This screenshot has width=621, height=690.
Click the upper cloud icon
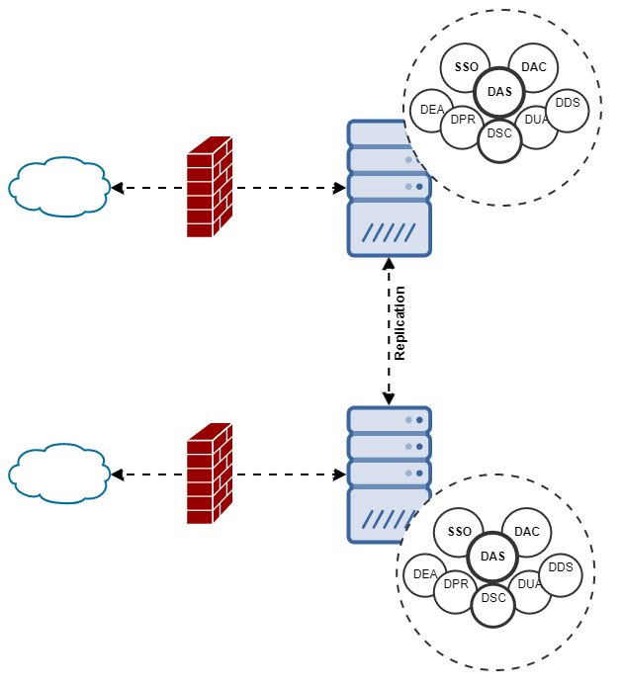click(58, 186)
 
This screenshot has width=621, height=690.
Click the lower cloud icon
click(58, 474)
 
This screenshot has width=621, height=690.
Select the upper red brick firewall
click(209, 187)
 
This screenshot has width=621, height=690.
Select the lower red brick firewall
click(209, 474)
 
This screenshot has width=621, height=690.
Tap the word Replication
click(400, 323)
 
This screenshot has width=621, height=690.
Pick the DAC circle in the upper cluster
click(534, 67)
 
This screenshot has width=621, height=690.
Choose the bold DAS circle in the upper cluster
click(499, 92)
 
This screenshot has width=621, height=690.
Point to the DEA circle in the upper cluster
click(431, 110)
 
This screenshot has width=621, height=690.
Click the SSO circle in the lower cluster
click(460, 532)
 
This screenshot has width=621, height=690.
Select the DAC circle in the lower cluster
click(527, 532)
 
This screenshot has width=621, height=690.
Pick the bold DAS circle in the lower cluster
click(492, 557)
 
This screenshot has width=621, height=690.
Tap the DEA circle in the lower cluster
click(424, 574)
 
